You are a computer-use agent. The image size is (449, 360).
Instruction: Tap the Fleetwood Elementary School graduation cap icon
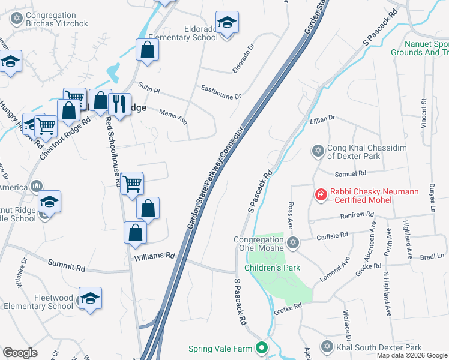click(x=90, y=299)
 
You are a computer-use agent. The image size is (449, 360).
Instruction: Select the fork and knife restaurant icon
click(x=119, y=104)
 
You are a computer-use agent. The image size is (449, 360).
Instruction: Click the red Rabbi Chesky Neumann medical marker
click(x=321, y=194)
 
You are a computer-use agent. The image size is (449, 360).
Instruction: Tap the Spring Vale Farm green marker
click(x=261, y=347)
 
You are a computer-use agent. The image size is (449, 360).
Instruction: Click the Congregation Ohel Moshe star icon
click(x=292, y=242)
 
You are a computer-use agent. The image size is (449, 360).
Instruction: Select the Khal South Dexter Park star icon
click(x=327, y=347)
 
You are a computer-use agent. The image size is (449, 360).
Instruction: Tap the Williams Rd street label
click(x=154, y=256)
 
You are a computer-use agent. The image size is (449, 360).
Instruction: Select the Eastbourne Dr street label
click(x=220, y=91)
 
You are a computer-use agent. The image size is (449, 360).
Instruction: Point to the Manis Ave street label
click(x=173, y=116)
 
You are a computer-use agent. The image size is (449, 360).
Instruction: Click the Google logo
click(x=20, y=353)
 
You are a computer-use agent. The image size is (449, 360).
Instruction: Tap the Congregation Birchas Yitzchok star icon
click(x=16, y=19)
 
